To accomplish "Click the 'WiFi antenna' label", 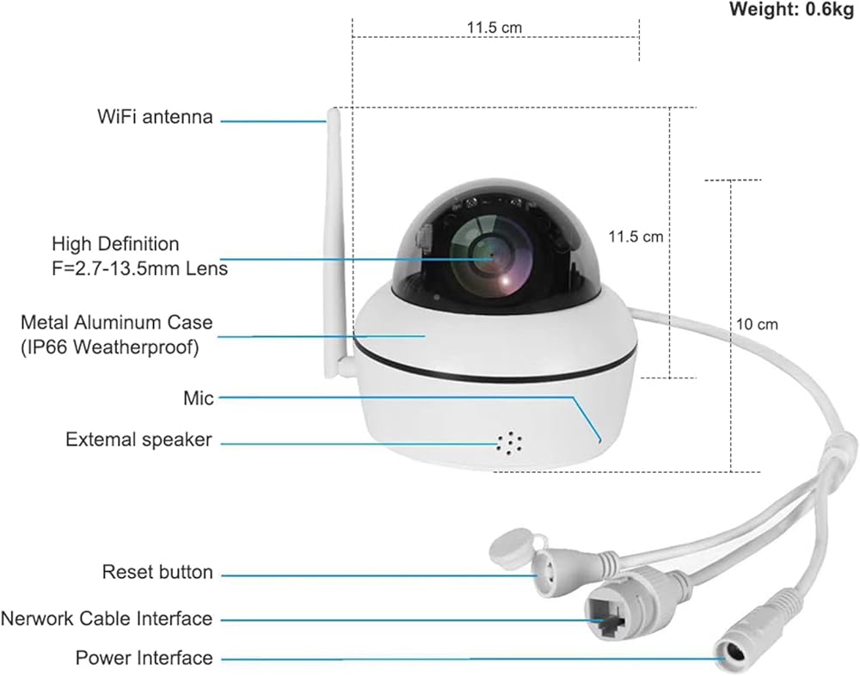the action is pyautogui.click(x=155, y=117).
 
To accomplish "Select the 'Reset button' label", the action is pyautogui.click(x=157, y=572).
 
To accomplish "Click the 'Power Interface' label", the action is pyautogui.click(x=144, y=658).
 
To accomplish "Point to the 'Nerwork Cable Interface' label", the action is pyautogui.click(x=107, y=618).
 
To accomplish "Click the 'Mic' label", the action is pyautogui.click(x=199, y=397).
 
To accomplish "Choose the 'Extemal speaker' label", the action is pyautogui.click(x=138, y=439).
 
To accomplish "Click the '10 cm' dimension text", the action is pyautogui.click(x=757, y=324).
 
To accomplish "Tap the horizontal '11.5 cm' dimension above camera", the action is pyautogui.click(x=494, y=28).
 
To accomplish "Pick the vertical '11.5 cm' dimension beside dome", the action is pyautogui.click(x=636, y=237).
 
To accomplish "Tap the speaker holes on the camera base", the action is pyautogui.click(x=510, y=442).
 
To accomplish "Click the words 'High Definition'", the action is pyautogui.click(x=115, y=244).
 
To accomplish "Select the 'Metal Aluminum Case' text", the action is pyautogui.click(x=116, y=323).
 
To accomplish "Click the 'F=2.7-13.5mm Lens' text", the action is pyautogui.click(x=139, y=268).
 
